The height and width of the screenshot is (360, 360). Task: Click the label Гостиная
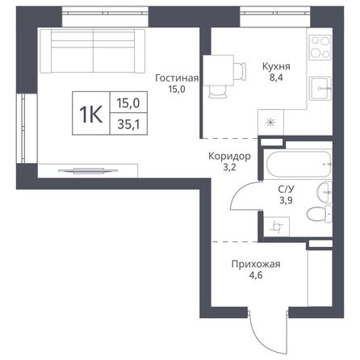[x=176, y=78]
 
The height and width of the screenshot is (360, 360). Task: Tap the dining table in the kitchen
[x=218, y=69]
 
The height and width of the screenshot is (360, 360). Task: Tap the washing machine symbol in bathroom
[x=277, y=227]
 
